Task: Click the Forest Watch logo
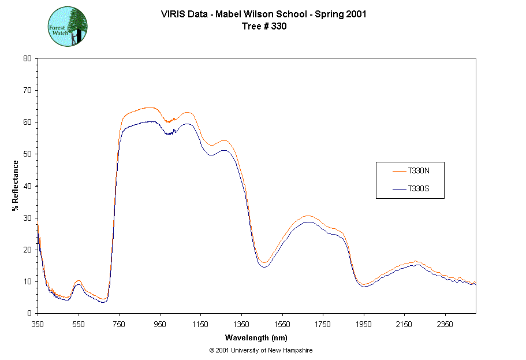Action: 68,27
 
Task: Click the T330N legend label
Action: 419,171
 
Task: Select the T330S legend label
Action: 419,189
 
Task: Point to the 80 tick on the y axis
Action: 27,58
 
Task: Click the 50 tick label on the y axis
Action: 27,154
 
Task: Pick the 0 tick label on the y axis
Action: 29,313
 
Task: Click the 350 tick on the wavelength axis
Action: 38,324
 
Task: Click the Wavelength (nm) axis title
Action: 256,338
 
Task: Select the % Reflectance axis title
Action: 15,185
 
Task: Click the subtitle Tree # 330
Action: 263,25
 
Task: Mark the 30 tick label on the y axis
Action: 27,217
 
